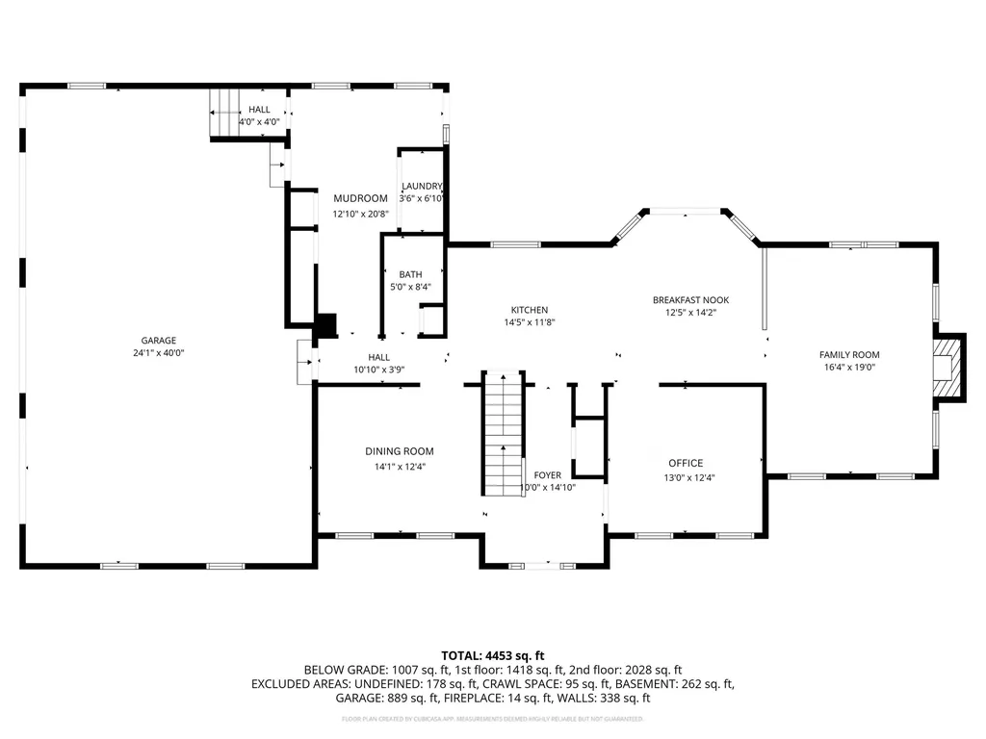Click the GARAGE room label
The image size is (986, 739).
click(x=159, y=341)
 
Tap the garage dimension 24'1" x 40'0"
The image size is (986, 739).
click(x=159, y=353)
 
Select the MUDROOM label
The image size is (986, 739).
click(x=360, y=199)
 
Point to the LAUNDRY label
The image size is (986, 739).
click(x=422, y=186)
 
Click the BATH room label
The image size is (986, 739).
click(x=410, y=275)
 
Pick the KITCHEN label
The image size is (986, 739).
click(x=529, y=310)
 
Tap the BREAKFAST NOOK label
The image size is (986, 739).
click(x=690, y=300)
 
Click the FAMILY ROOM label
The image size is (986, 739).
click(x=849, y=355)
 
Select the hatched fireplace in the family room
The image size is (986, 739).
click(x=949, y=366)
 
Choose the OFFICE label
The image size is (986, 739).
click(x=686, y=464)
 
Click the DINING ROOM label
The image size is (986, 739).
click(x=399, y=451)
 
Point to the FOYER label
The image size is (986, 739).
click(x=547, y=475)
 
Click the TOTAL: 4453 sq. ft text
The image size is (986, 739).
click(x=492, y=654)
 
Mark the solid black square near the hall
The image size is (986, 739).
click(x=326, y=327)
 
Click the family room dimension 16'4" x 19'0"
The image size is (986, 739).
click(x=849, y=368)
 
